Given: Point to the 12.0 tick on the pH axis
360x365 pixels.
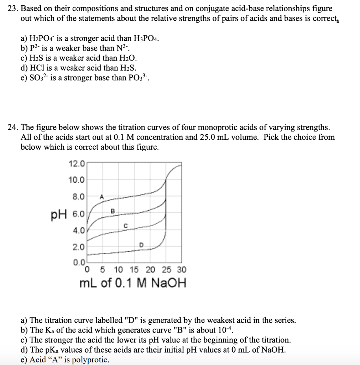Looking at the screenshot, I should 77,164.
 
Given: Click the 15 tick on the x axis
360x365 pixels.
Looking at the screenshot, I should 134,269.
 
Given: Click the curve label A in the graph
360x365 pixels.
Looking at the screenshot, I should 102,196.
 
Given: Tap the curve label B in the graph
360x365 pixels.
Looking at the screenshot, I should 113,211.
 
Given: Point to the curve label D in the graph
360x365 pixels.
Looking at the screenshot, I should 141,245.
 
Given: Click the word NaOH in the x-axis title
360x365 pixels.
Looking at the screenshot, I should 168,284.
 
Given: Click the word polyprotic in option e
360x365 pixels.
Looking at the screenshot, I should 90,360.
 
